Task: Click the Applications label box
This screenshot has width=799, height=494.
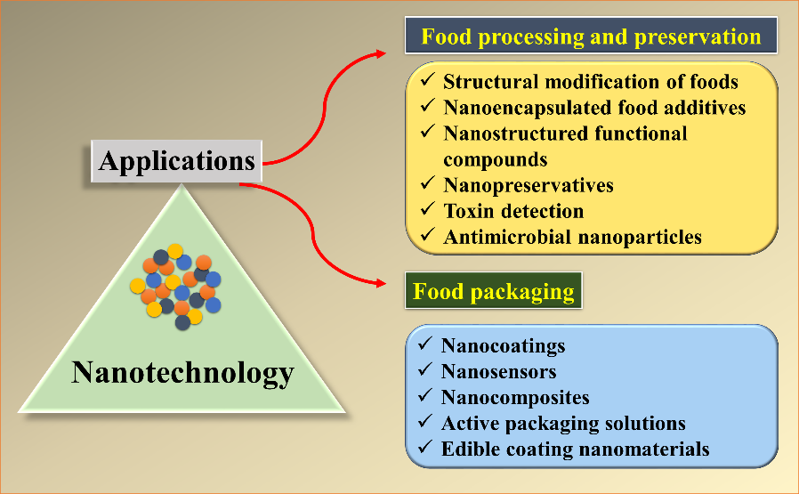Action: (x=176, y=161)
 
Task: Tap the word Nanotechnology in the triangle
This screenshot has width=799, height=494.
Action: (x=182, y=374)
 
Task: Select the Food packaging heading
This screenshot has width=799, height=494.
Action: (x=493, y=290)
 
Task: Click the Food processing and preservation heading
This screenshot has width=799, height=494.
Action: (x=591, y=36)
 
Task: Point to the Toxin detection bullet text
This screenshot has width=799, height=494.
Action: (x=513, y=211)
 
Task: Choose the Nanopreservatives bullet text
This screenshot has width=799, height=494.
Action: (x=529, y=185)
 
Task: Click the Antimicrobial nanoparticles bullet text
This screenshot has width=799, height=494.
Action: (x=573, y=237)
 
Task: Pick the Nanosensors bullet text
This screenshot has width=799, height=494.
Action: (x=499, y=371)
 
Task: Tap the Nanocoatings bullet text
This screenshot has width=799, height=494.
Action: (x=504, y=345)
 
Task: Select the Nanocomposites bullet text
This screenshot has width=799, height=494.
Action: (x=515, y=397)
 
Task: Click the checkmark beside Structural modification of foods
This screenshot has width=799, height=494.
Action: (x=427, y=79)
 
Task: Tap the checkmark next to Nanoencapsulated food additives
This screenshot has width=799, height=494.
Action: (x=427, y=105)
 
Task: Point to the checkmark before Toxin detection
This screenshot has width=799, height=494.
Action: (x=427, y=208)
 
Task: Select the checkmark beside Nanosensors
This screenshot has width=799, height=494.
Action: (x=425, y=369)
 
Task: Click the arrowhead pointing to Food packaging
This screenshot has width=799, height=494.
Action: (x=381, y=283)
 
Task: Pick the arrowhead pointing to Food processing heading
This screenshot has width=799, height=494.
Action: (x=381, y=53)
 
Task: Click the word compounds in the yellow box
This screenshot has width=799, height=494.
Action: (x=496, y=160)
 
